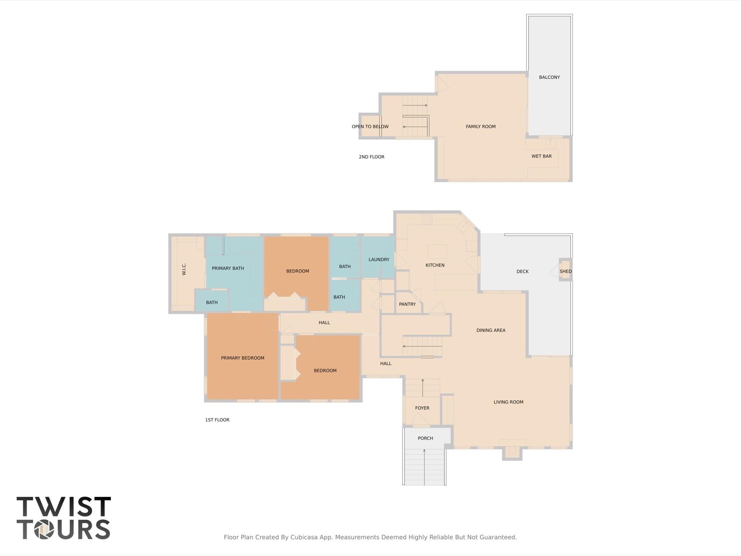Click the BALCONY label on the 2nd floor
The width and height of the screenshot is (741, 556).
click(549, 77)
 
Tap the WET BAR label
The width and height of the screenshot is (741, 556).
click(541, 156)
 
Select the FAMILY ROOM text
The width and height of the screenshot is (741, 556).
click(480, 126)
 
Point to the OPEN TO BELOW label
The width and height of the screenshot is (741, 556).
click(370, 126)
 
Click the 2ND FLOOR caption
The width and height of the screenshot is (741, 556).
click(371, 157)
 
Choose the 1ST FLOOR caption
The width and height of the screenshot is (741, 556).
click(217, 420)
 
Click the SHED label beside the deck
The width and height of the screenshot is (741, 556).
click(565, 271)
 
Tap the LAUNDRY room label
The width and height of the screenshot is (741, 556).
click(379, 259)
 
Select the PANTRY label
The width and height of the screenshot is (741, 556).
click(407, 304)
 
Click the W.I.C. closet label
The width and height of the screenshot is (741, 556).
click(184, 269)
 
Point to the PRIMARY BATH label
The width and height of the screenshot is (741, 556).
click(228, 268)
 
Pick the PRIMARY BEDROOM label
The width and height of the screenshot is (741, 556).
click(243, 358)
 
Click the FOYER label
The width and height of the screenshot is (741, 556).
click(422, 408)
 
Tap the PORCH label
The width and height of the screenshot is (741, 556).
click(425, 438)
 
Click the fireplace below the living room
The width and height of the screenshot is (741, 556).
click(512, 452)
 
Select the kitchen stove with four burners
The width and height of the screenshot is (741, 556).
click(427, 219)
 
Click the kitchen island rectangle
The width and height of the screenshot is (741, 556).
click(437, 251)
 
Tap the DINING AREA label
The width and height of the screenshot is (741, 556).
click(491, 330)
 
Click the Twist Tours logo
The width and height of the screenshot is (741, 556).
click(63, 518)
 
